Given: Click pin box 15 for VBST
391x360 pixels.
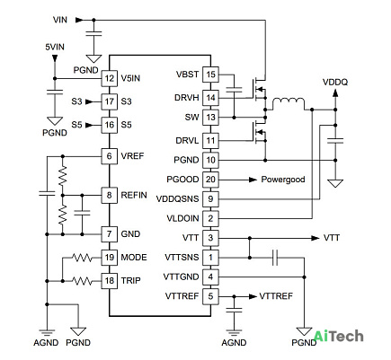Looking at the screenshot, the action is pyautogui.click(x=210, y=75).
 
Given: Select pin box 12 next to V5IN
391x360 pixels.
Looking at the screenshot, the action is pyautogui.click(x=109, y=78).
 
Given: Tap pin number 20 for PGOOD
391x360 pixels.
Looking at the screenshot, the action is pyautogui.click(x=210, y=180).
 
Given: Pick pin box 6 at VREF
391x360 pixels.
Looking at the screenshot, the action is pyautogui.click(x=109, y=156).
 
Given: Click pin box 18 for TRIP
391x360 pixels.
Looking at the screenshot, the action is pyautogui.click(x=109, y=281).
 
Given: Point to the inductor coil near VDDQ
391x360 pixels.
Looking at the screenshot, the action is pyautogui.click(x=289, y=104).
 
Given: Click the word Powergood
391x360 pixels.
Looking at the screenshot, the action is pyautogui.click(x=283, y=180).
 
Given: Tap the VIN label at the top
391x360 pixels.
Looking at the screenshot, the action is pyautogui.click(x=60, y=20).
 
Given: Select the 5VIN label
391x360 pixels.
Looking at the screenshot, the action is pyautogui.click(x=55, y=47).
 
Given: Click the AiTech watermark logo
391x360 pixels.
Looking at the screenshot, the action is pyautogui.click(x=339, y=336).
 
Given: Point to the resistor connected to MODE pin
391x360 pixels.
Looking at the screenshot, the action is pyautogui.click(x=82, y=258).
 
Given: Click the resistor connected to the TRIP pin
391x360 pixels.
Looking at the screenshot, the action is pyautogui.click(x=82, y=281).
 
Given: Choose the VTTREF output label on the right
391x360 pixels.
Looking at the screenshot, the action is pyautogui.click(x=276, y=296).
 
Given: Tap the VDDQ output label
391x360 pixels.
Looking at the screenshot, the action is pyautogui.click(x=335, y=82).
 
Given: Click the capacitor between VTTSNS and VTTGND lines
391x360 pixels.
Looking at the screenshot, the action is pyautogui.click(x=275, y=258).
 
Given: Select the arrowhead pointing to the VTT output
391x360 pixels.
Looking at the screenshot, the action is pyautogui.click(x=315, y=238).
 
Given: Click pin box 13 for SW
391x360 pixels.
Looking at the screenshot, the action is pyautogui.click(x=210, y=118).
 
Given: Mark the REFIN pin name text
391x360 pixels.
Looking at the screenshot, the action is pyautogui.click(x=134, y=195).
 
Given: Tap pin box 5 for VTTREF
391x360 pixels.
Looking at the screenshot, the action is pyautogui.click(x=210, y=296).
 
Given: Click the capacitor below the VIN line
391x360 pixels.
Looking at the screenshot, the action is pyautogui.click(x=93, y=33).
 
